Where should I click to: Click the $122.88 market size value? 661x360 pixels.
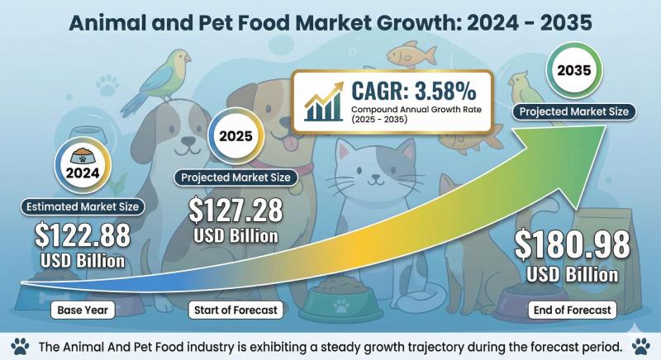click(x=82, y=235)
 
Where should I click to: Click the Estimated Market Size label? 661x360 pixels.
click(x=83, y=206)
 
